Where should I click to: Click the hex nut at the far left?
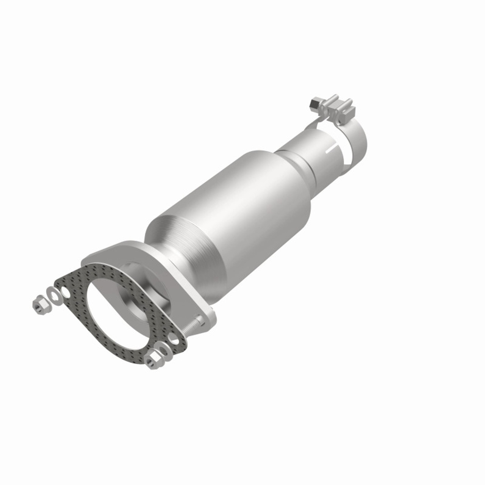pyautogui.click(x=39, y=303)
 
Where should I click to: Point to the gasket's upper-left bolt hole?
pyautogui.click(x=66, y=293)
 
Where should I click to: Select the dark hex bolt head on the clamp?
pyautogui.click(x=314, y=103)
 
